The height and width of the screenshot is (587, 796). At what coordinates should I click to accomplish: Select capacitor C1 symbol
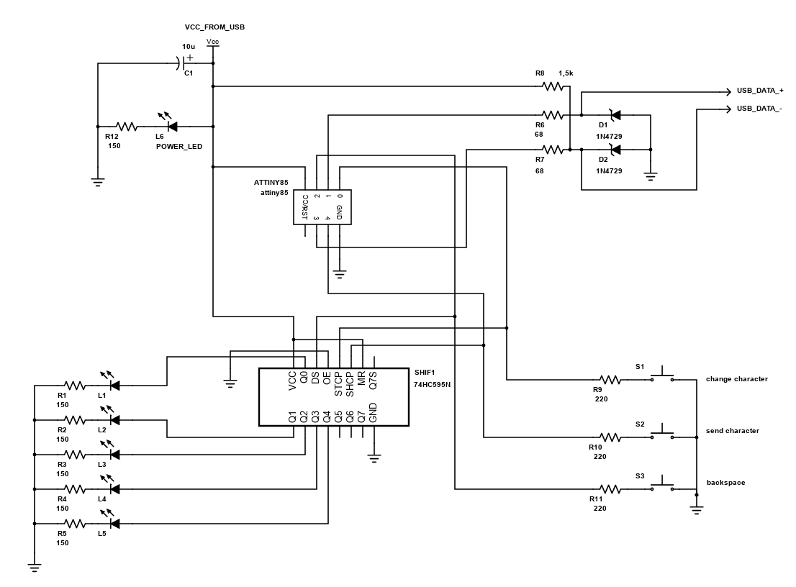click(x=180, y=63)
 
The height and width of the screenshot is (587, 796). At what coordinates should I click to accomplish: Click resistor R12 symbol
click(x=127, y=127)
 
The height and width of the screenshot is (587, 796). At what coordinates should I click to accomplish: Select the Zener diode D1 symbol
click(x=615, y=114)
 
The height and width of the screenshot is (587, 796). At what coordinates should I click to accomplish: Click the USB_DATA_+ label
click(x=759, y=91)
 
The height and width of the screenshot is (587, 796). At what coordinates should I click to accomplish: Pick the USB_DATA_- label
click(x=759, y=109)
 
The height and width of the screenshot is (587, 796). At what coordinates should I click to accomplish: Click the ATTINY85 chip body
click(x=322, y=207)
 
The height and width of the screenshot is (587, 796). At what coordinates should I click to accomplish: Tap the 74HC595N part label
click(x=432, y=386)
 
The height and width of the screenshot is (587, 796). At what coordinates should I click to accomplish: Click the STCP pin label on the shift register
click(x=338, y=384)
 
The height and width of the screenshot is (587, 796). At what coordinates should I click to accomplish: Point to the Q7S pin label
click(x=373, y=381)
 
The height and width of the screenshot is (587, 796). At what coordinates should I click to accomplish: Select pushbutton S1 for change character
click(x=662, y=376)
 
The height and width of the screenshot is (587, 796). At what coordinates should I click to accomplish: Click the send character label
click(x=732, y=431)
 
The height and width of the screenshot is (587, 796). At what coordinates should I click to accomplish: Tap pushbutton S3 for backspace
click(x=662, y=487)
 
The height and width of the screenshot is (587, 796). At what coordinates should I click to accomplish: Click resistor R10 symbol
click(x=610, y=437)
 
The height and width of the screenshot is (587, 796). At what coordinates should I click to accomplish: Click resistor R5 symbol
click(x=75, y=523)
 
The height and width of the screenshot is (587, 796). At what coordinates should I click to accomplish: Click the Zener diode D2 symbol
click(x=615, y=149)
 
